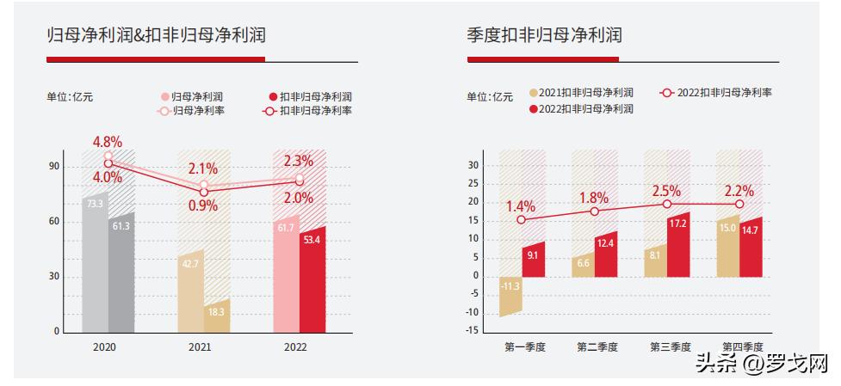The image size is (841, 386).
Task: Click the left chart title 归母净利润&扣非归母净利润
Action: [156, 36]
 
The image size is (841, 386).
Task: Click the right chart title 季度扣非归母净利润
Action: [544, 36]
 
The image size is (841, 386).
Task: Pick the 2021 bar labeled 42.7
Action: [190, 292]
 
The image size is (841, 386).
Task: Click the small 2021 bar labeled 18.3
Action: [217, 316]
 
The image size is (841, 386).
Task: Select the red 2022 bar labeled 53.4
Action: [312, 279]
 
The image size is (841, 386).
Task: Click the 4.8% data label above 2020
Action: [108, 142]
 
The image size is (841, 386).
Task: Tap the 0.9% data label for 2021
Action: [203, 206]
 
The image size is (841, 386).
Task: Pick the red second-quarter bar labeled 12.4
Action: [605, 254]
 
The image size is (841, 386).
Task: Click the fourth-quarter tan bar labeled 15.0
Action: [727, 248]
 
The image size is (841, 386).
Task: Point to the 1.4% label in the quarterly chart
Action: [521, 206]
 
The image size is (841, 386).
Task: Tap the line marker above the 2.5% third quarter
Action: [666, 204]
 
